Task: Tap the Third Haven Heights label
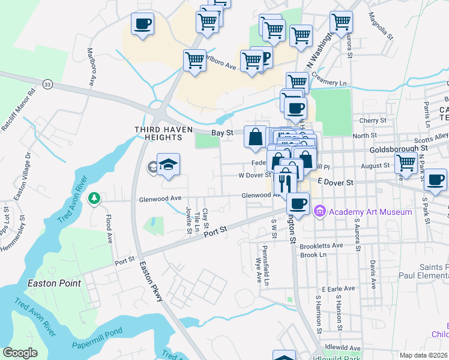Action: coord(158,133)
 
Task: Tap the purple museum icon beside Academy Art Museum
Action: coord(320,211)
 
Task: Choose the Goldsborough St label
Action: coord(399,147)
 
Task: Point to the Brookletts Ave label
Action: coord(321,245)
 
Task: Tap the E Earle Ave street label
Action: coord(339,289)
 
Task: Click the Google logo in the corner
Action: coord(20,353)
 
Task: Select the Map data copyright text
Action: coord(424,355)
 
